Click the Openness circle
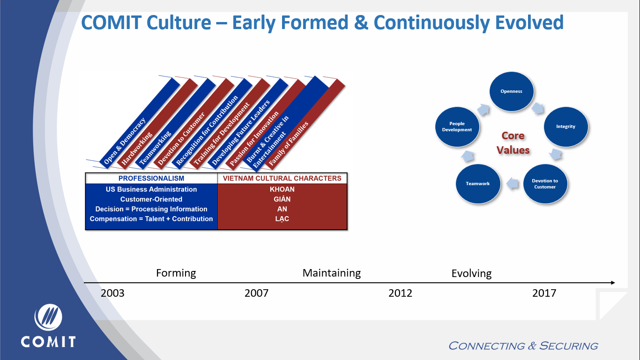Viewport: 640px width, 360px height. [511, 91]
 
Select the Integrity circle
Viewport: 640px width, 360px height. [566, 127]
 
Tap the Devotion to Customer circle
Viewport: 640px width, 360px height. [545, 184]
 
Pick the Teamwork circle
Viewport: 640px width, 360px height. [477, 184]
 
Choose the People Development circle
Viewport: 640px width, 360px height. [457, 127]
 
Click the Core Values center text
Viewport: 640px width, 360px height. [513, 142]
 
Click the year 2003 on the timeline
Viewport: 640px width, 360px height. [113, 293]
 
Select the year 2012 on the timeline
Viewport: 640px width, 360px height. [400, 293]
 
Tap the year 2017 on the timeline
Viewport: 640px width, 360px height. [544, 293]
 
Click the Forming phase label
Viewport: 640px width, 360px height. [176, 273]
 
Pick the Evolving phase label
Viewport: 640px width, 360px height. [471, 273]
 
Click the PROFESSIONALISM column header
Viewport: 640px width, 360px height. [151, 179]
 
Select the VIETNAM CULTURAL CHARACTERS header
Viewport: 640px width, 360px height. [282, 179]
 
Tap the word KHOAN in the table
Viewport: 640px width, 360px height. [282, 189]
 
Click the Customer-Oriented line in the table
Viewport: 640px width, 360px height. [151, 199]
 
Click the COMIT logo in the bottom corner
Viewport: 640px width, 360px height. [48, 326]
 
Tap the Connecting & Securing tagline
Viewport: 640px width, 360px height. [523, 346]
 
